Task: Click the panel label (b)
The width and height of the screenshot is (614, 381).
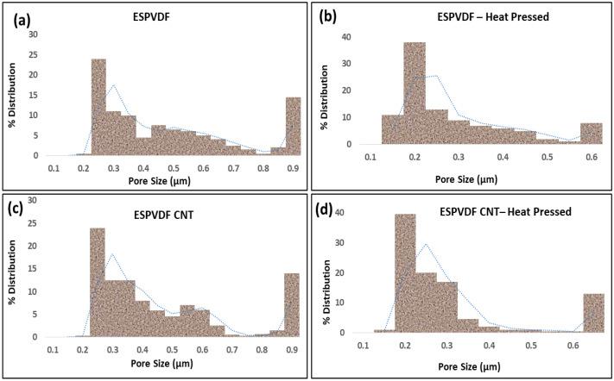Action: (x=332, y=16)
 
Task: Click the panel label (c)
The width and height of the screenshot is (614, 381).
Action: (x=22, y=208)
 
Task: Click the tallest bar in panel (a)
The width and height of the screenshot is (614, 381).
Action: (x=98, y=107)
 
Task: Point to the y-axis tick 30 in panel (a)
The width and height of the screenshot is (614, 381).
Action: (x=35, y=34)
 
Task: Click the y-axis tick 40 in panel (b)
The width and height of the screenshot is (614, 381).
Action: (x=346, y=37)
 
